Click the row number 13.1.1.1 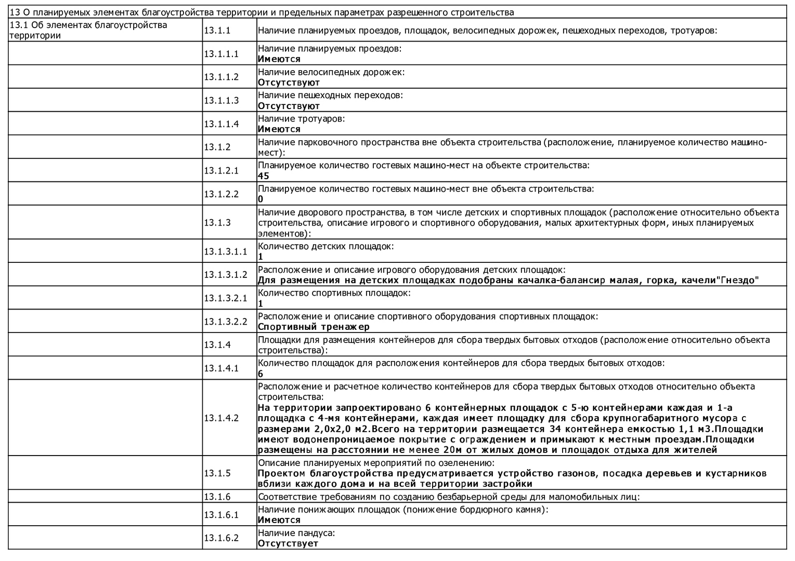tap(221, 54)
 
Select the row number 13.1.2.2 tap(221, 194)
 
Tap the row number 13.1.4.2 tap(221, 418)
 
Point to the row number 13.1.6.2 tap(221, 538)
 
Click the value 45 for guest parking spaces tap(264, 176)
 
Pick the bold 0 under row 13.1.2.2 tap(260, 199)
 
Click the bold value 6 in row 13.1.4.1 tap(260, 374)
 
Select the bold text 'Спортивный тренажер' tap(314, 327)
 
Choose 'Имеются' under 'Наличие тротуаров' tap(279, 129)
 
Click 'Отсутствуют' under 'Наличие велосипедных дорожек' tap(289, 83)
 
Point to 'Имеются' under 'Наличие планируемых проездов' tap(279, 59)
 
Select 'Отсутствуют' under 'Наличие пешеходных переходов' tap(289, 106)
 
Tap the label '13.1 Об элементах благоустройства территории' tap(88, 30)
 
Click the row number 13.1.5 tap(217, 473)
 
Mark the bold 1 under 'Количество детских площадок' tap(260, 257)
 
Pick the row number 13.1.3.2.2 tap(226, 321)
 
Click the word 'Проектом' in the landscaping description tap(281, 473)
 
